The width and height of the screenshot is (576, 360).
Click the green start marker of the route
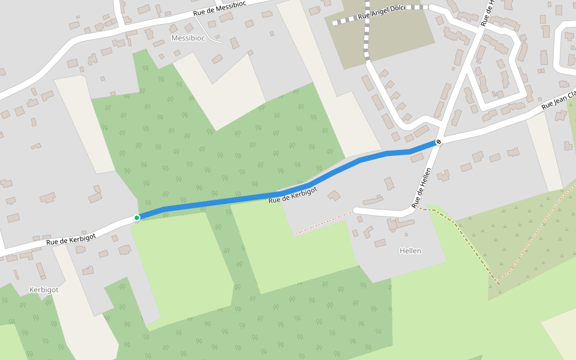click(x=137, y=217)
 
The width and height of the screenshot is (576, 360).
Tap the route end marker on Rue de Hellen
click(x=439, y=142)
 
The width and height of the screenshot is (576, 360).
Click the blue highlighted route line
click(x=240, y=199)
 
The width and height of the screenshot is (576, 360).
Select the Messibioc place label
click(x=189, y=38)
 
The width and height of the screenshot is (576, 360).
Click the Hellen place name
click(x=410, y=251)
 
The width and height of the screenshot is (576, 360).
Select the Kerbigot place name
click(x=44, y=290)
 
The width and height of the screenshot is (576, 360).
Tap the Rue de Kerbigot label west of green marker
click(x=71, y=239)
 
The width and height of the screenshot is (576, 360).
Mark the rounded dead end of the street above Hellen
click(x=357, y=210)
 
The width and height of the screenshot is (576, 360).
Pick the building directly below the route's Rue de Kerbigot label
click(x=334, y=195)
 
